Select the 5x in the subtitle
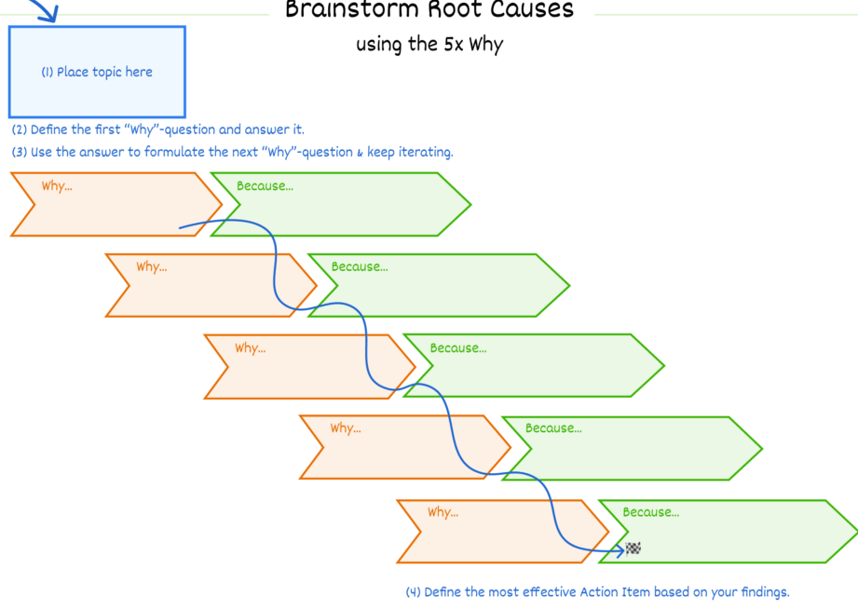454,44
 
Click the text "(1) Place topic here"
97,73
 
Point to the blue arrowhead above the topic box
49,15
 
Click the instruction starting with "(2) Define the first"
158,129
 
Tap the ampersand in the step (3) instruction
360,153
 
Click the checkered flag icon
633,549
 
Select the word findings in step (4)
765,592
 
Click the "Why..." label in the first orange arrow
57,186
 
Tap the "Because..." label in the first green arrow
265,186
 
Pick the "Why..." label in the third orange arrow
250,348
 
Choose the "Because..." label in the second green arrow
360,267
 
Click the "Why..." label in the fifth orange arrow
443,512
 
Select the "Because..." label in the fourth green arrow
553,428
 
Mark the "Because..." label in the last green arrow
650,512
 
